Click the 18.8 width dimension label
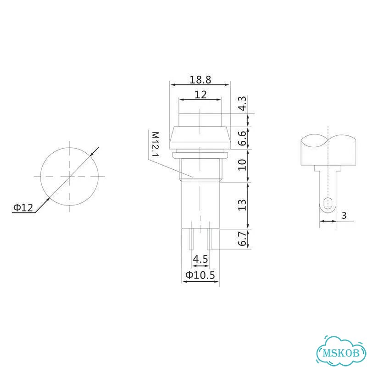pos(200,79)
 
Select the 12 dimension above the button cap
pos(200,95)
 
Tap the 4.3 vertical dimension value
pos(242,104)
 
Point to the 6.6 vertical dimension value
pos(242,138)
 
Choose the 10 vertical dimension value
pos(242,165)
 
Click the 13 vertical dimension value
pos(242,205)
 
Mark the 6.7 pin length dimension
pos(242,239)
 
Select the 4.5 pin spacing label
pos(200,259)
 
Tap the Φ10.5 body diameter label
pos(200,275)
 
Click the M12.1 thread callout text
pos(155,144)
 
